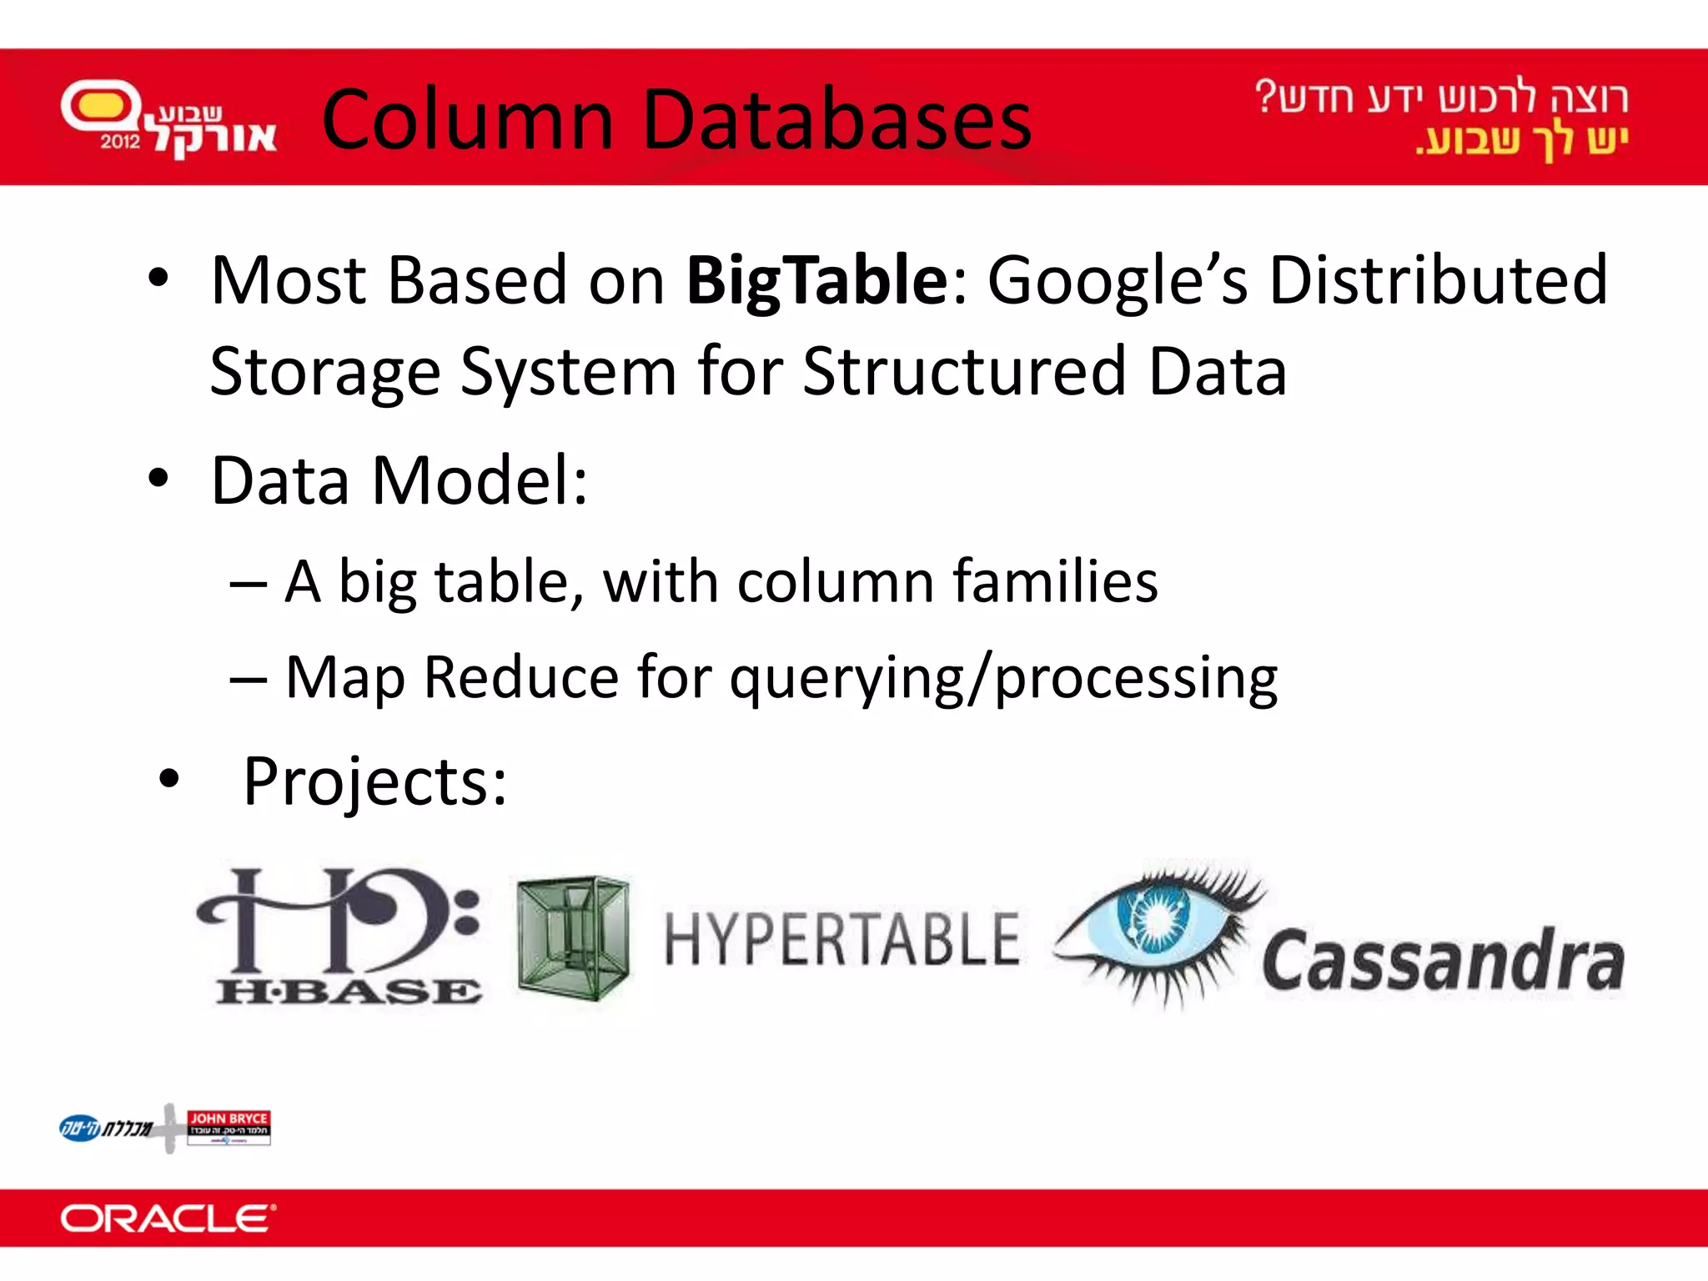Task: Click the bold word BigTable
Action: point(816,281)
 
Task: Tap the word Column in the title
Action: point(468,120)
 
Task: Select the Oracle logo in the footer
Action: point(168,1218)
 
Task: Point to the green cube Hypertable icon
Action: point(573,937)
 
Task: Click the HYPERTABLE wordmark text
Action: point(841,940)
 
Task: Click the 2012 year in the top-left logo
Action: point(121,141)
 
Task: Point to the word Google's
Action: point(1118,281)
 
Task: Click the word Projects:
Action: point(374,781)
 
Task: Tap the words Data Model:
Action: point(399,481)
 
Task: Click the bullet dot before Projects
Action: point(169,779)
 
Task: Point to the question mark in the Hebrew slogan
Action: point(1266,96)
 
